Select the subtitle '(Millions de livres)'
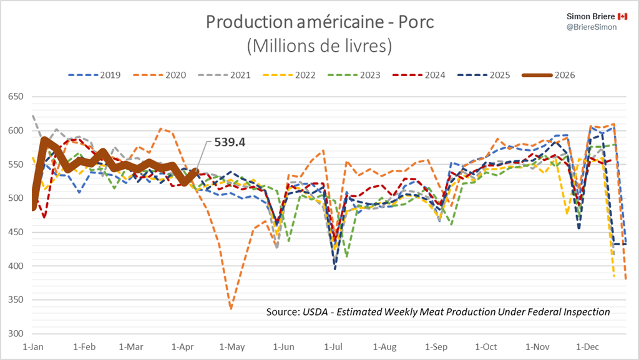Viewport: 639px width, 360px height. click(x=319, y=46)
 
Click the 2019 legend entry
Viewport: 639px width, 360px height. click(x=94, y=75)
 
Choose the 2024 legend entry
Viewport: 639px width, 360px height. click(x=424, y=75)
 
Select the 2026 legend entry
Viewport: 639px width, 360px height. click(x=556, y=75)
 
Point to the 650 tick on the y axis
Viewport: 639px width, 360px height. click(x=15, y=97)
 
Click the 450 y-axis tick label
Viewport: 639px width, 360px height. click(x=15, y=232)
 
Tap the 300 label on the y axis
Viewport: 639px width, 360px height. click(x=15, y=334)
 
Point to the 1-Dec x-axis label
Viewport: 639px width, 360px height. click(x=587, y=346)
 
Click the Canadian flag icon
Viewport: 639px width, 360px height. click(x=622, y=15)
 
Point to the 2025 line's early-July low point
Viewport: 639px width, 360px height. click(x=335, y=269)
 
